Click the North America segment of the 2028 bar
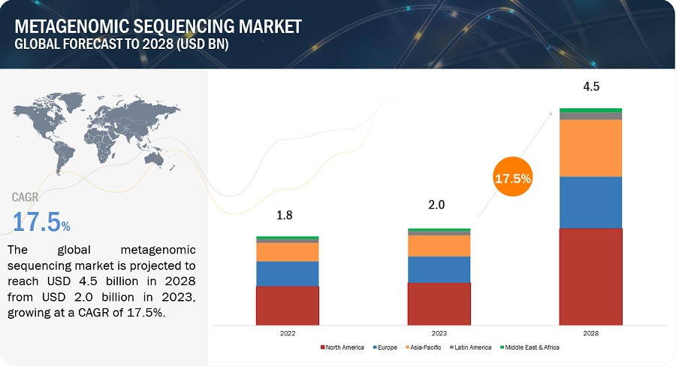coord(590,275)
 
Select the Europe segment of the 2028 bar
coord(590,202)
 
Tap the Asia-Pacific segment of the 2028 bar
coord(590,148)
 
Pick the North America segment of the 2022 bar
coord(287,305)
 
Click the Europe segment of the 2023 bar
coord(439,269)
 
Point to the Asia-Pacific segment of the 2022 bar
coord(287,252)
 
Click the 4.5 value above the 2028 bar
coord(591,86)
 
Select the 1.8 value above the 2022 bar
coord(285,215)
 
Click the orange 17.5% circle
coord(512,179)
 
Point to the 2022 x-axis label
coord(287,332)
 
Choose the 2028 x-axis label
coord(590,332)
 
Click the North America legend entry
coord(343,347)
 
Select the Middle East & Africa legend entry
coord(530,347)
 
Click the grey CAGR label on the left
coord(26,197)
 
